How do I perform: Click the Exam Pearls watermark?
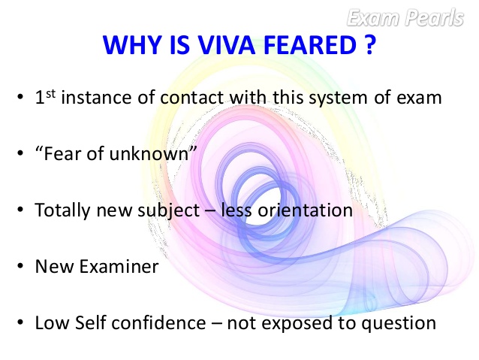416,17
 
